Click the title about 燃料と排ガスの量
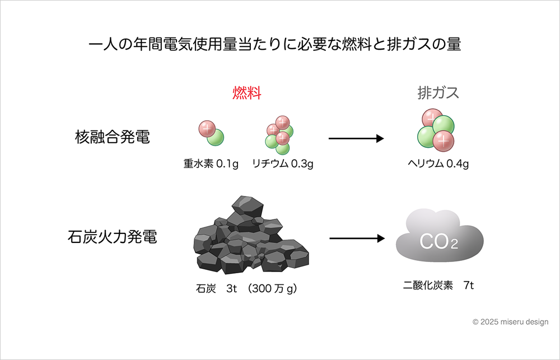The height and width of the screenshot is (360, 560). tap(274, 45)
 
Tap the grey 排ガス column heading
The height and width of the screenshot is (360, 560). tap(438, 93)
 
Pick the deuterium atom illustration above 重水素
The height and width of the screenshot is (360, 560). tap(211, 133)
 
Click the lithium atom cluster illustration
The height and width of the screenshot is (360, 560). tap(279, 134)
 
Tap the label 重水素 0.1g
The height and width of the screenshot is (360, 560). tap(211, 164)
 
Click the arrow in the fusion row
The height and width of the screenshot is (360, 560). tap(356, 138)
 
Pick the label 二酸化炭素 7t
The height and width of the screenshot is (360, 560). tap(438, 286)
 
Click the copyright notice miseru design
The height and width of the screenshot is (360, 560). tap(510, 322)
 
